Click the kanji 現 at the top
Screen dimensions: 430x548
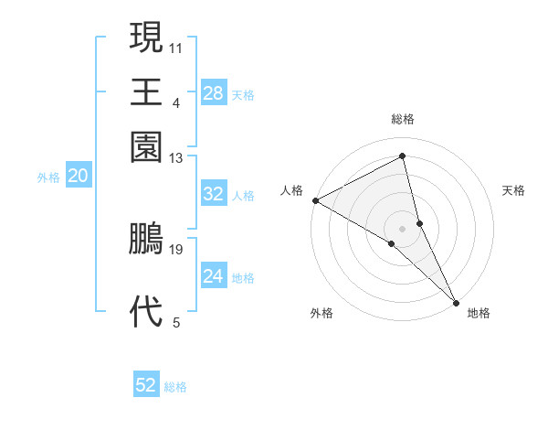[146, 38]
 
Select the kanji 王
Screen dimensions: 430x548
[146, 92]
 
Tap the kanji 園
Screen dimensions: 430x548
[146, 146]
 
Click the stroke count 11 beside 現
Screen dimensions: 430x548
[176, 46]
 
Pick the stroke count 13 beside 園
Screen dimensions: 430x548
[176, 158]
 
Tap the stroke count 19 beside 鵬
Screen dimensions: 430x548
[176, 249]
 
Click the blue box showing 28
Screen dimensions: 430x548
[213, 92]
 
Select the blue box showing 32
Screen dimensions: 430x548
[213, 194]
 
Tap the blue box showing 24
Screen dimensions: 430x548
[213, 276]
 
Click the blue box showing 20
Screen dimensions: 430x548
[78, 177]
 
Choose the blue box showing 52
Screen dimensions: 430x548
[146, 385]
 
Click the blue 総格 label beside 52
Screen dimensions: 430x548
[175, 387]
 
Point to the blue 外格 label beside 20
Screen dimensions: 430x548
[48, 177]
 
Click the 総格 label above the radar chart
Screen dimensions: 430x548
[403, 119]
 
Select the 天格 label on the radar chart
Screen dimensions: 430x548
[513, 190]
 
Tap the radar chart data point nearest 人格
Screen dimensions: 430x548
[315, 200]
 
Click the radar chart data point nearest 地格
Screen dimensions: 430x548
[456, 300]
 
